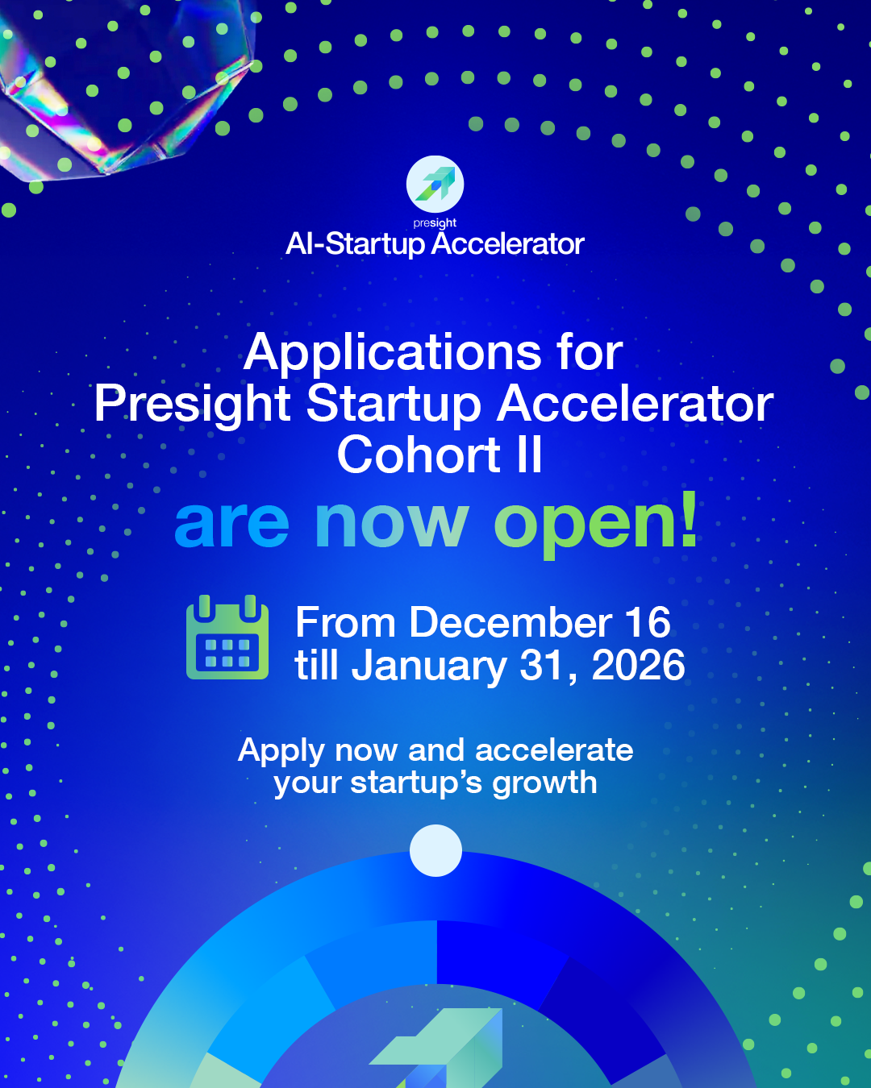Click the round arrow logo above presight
pos(435,184)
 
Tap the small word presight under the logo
pos(435,223)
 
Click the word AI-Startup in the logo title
pos(356,245)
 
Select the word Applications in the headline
pos(392,353)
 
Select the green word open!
pos(596,524)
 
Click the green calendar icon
pos(227,637)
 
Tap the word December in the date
pos(511,622)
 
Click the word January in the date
pos(429,667)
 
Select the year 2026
pos(638,666)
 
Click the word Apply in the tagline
pos(281,751)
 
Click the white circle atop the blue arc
pos(435,850)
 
